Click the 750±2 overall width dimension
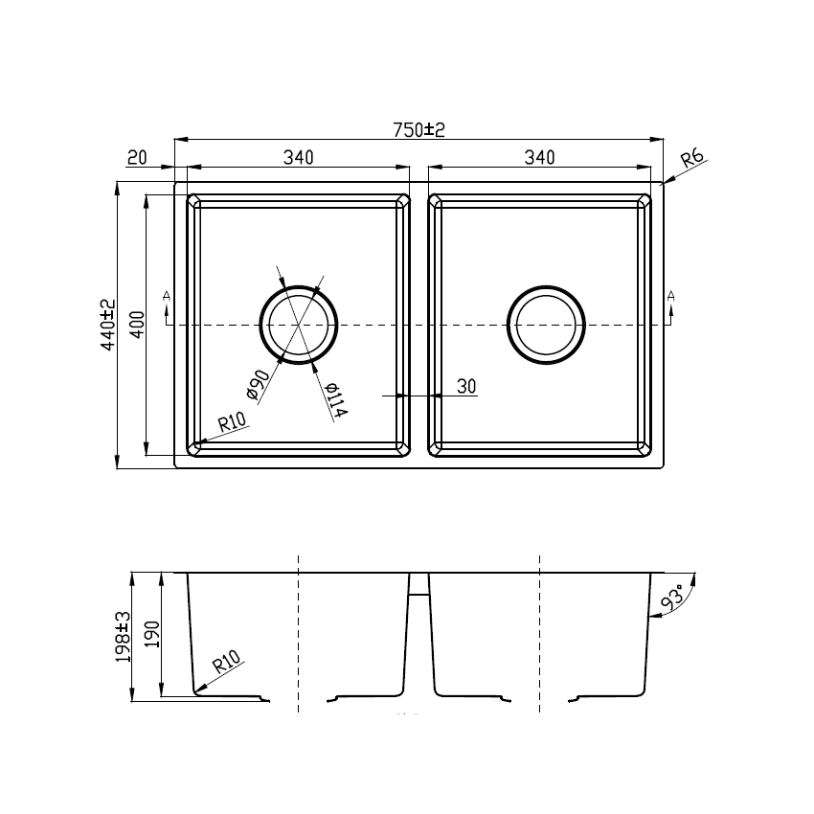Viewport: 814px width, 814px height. tap(419, 130)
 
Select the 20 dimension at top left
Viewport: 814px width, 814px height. tap(135, 158)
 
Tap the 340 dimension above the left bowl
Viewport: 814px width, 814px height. tap(299, 158)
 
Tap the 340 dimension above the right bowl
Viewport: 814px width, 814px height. tap(539, 158)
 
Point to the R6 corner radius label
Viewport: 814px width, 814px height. tap(692, 158)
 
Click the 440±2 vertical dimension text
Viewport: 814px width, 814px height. tap(108, 326)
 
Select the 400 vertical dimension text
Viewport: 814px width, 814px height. tap(137, 326)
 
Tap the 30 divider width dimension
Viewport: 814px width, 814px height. tap(466, 386)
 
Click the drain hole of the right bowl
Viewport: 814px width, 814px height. tap(546, 325)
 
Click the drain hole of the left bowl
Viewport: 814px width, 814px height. tap(299, 325)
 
